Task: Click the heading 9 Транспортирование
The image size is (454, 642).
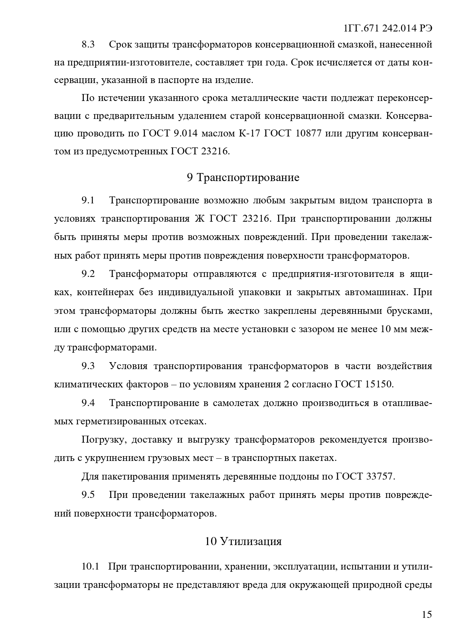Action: pyautogui.click(x=243, y=177)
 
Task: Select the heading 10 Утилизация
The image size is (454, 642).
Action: pyautogui.click(x=243, y=541)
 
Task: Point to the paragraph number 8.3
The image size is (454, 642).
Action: pyautogui.click(x=88, y=45)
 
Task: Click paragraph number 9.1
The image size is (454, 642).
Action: pyautogui.click(x=88, y=200)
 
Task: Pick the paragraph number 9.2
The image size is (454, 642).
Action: pyautogui.click(x=88, y=274)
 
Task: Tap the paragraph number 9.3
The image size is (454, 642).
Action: pyautogui.click(x=88, y=366)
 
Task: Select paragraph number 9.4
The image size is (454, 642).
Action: pyautogui.click(x=88, y=403)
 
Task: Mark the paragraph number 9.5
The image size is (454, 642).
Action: pyautogui.click(x=88, y=495)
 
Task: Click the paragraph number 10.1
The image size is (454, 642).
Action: pyautogui.click(x=90, y=567)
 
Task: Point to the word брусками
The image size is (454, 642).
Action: pyautogui.click(x=409, y=311)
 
